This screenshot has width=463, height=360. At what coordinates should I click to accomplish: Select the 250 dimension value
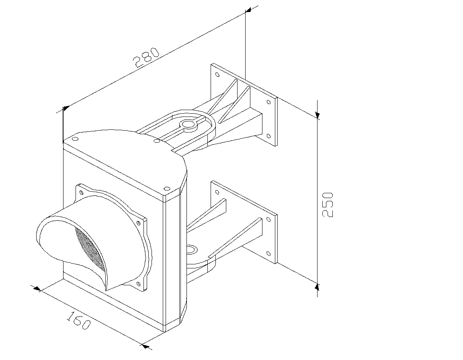click(x=328, y=205)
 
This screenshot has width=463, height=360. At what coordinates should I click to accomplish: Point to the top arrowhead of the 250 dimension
click(x=318, y=115)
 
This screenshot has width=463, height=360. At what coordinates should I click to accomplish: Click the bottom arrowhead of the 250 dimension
click(x=317, y=286)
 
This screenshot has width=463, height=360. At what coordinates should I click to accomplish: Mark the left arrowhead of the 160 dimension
click(x=37, y=288)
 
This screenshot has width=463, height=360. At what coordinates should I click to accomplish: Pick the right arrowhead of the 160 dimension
click(x=145, y=346)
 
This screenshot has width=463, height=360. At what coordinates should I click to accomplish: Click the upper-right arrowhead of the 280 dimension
click(x=248, y=10)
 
